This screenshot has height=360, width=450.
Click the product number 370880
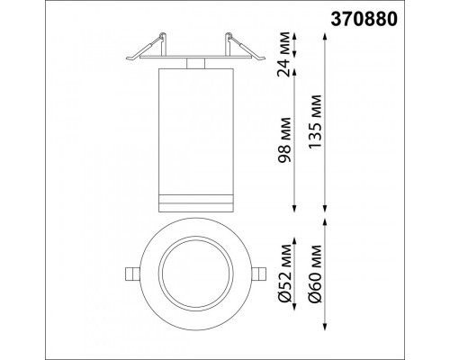tap(364, 20)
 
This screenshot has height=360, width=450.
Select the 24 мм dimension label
tap(284, 54)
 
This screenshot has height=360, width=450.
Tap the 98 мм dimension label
tap(284, 140)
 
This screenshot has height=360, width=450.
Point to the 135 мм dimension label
tap(315, 121)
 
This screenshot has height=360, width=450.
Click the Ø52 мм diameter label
tap(284, 274)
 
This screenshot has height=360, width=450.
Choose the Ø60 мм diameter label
tap(315, 274)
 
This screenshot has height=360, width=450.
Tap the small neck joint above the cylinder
tap(195, 63)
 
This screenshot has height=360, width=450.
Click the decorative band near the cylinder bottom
tap(195, 199)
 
